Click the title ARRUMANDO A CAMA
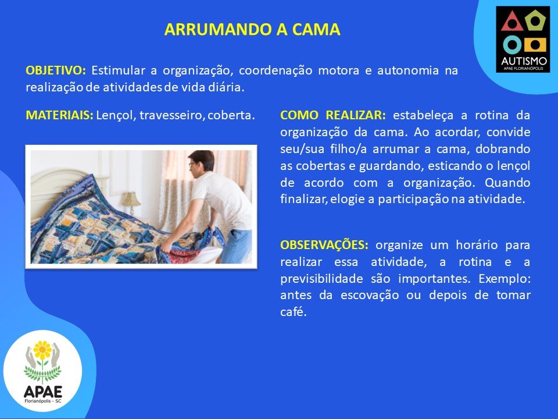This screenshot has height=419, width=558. [x=252, y=30]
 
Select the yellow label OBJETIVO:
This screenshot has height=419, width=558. [x=56, y=70]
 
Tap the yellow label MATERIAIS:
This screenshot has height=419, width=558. [x=59, y=115]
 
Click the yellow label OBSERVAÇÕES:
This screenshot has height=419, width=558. [x=324, y=245]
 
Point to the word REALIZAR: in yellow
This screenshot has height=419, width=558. [x=356, y=115]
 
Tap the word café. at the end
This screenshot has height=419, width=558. [x=293, y=312]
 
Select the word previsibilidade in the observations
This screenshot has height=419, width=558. [x=321, y=278]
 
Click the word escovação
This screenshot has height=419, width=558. [x=370, y=296]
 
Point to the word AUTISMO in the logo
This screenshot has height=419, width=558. [x=524, y=61]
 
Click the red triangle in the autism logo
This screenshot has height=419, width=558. [x=512, y=22]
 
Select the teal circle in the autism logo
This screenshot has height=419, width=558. [x=512, y=45]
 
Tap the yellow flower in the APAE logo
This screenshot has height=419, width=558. [x=42, y=350]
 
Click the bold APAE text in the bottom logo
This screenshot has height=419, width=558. [x=42, y=392]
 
